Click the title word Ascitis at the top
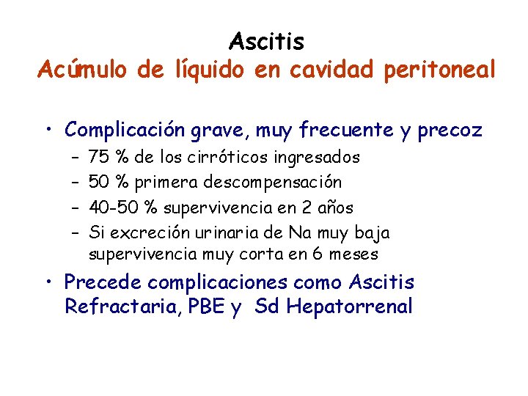(266, 41)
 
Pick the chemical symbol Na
(299, 233)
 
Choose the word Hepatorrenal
(350, 306)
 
